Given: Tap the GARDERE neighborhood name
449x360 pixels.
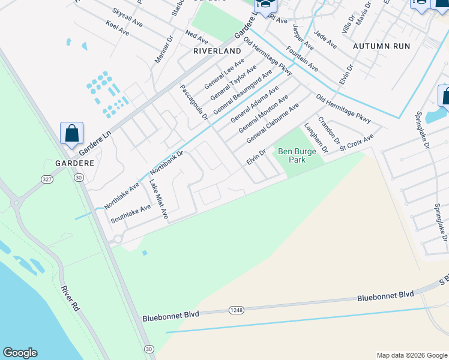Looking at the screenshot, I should tap(74, 163).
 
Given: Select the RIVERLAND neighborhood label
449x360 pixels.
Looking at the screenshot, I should tap(217, 52).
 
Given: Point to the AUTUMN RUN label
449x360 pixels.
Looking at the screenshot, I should tap(381, 46).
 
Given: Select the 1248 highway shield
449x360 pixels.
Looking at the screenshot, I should tap(236, 309).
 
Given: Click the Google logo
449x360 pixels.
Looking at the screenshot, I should tap(20, 353).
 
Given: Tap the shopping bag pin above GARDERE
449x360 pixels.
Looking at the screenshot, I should tap(71, 134).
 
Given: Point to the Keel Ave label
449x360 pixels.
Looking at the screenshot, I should tap(116, 27).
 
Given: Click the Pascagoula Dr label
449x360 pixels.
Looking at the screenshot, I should tap(194, 102).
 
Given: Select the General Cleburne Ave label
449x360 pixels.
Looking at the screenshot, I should tap(269, 124).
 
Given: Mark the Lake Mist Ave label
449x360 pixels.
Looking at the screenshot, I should tap(158, 199).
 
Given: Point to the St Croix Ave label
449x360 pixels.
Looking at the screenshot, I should tap(356, 143).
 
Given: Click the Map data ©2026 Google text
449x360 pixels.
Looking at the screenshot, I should tap(411, 355).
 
